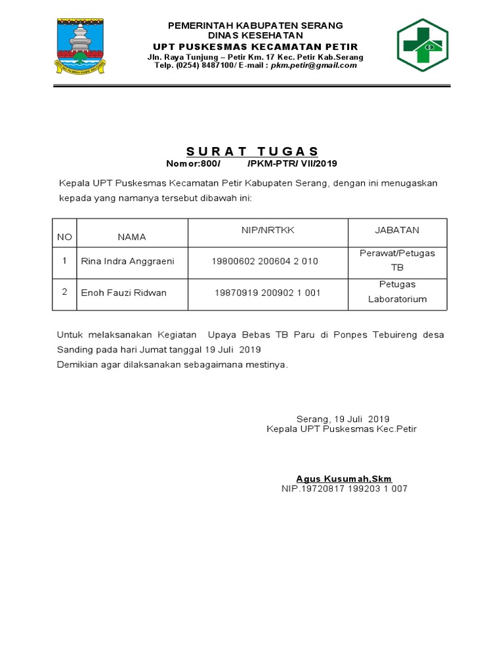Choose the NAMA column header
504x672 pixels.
(131, 237)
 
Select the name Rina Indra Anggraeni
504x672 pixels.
(127, 261)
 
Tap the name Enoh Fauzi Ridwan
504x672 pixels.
(123, 293)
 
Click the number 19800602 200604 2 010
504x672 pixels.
(264, 261)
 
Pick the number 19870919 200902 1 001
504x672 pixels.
(267, 293)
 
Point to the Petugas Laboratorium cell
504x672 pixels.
(396, 292)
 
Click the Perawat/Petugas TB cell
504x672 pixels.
(396, 261)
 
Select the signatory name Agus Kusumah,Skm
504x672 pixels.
(343, 478)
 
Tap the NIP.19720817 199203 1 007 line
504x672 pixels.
(344, 489)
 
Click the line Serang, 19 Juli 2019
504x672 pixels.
(343, 419)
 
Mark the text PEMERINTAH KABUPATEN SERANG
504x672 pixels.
(255, 26)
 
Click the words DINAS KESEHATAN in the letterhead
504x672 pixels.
(255, 35)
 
